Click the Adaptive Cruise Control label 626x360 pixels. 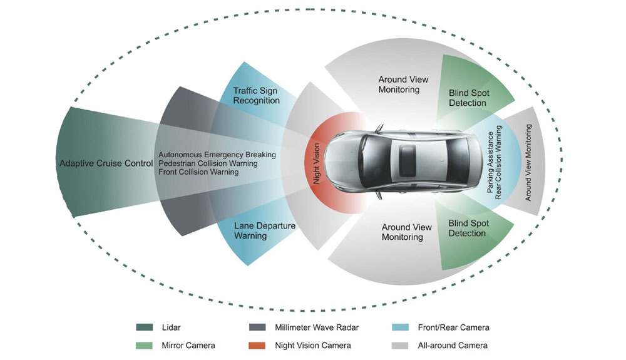(x=106, y=163)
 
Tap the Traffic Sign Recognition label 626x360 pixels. (x=257, y=96)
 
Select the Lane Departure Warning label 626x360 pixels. (x=257, y=231)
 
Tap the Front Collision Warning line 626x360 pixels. (x=198, y=172)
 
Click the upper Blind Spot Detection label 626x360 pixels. (x=469, y=98)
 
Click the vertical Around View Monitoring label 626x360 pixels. (x=528, y=163)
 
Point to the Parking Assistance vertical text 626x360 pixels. (x=491, y=162)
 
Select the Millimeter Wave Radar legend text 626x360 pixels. (x=316, y=327)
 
